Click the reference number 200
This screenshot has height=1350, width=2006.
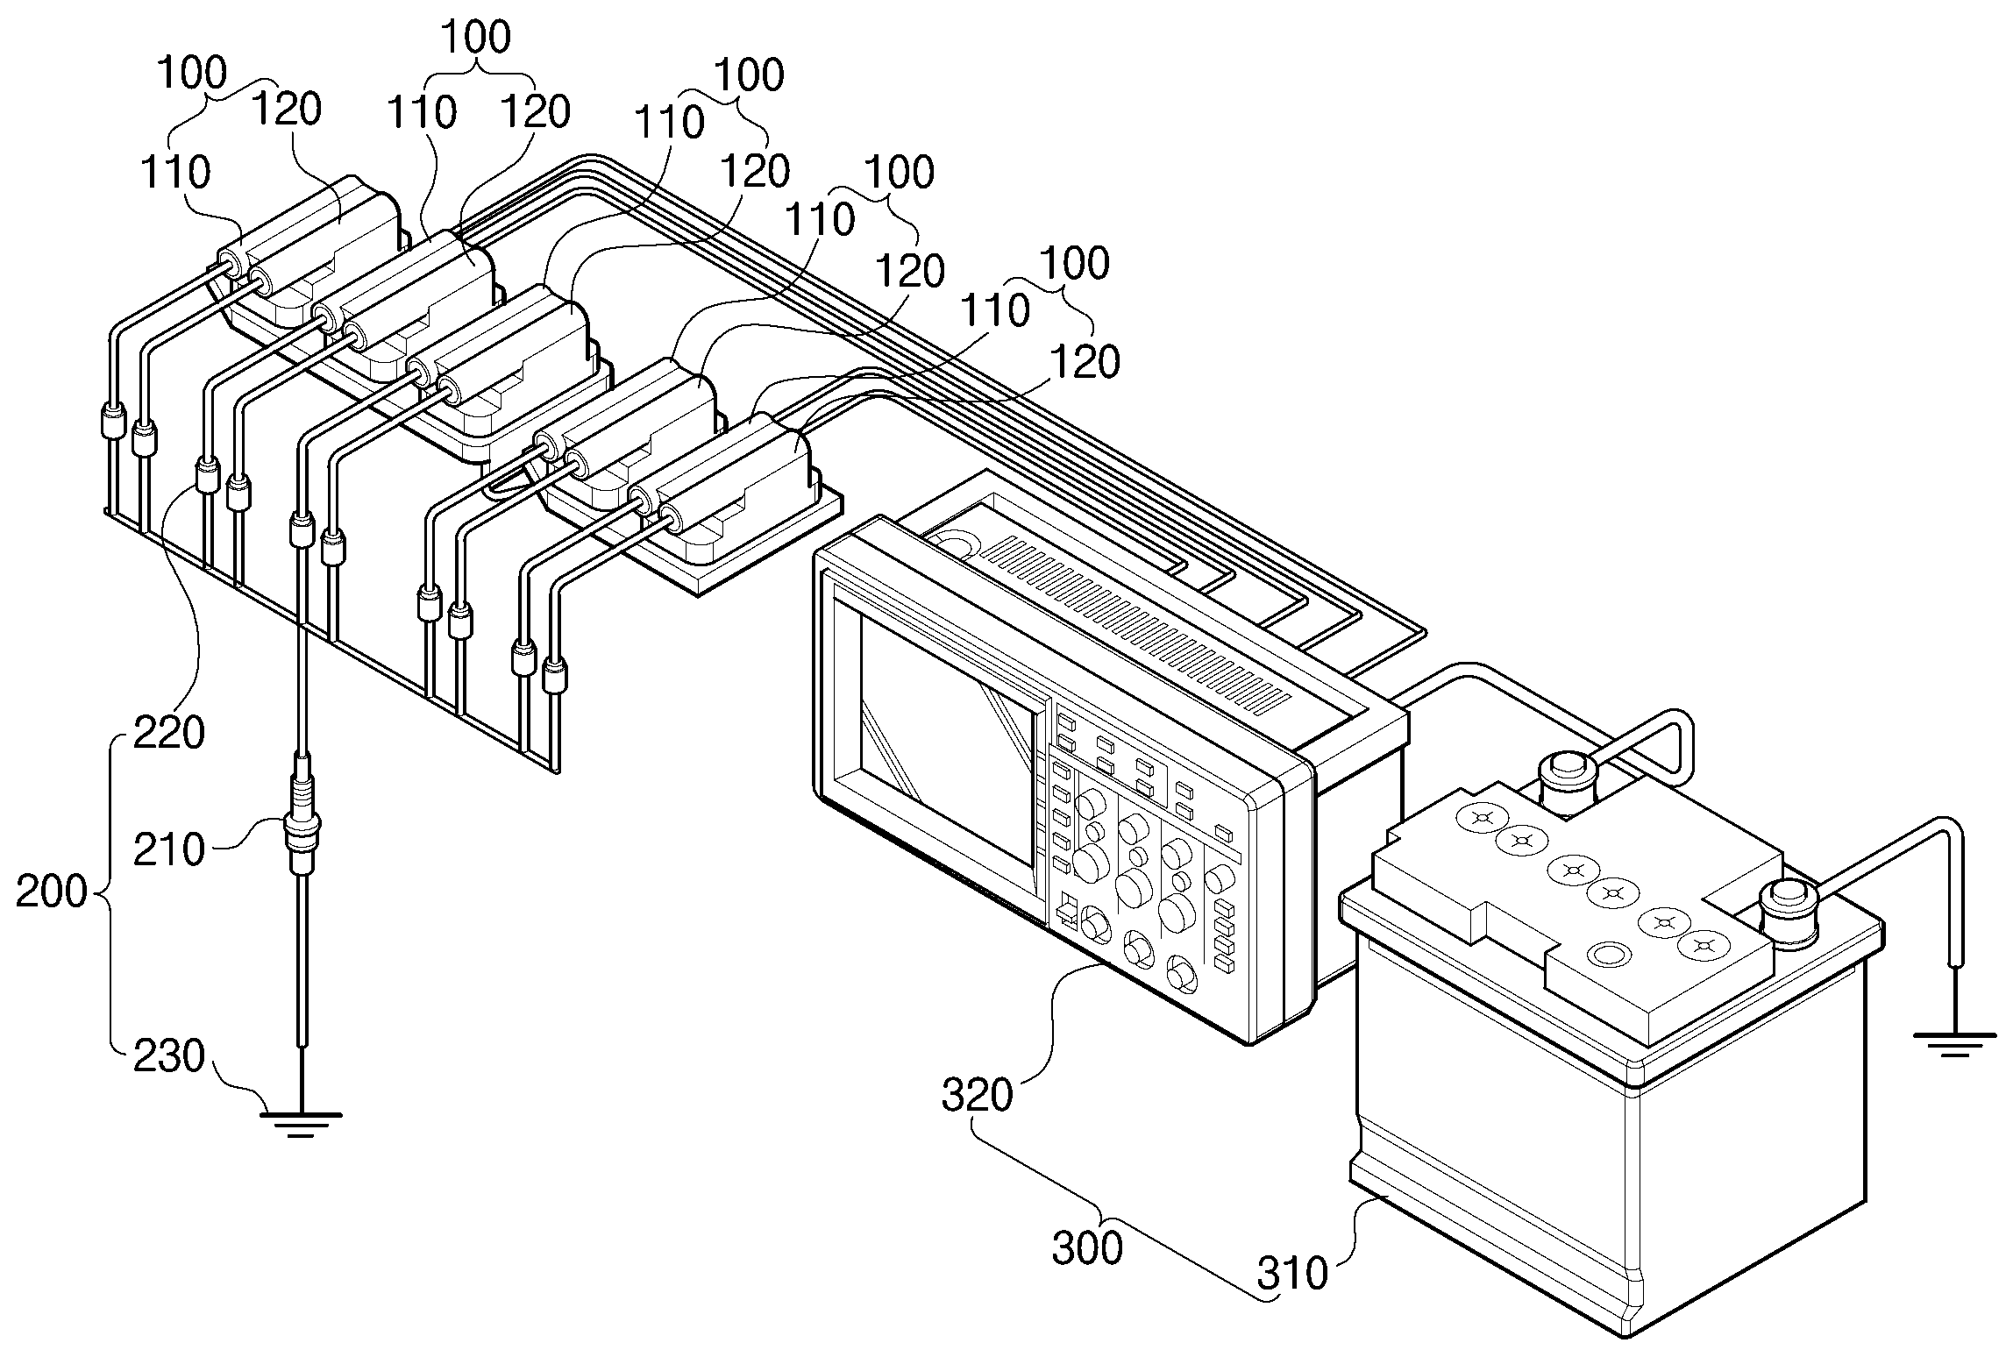(x=53, y=892)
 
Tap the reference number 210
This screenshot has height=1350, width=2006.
(x=168, y=849)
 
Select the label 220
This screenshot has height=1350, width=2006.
(x=168, y=732)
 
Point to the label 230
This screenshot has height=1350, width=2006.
(x=168, y=1056)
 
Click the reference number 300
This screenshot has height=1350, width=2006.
(x=1087, y=1248)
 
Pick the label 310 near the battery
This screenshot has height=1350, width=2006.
(x=1292, y=1275)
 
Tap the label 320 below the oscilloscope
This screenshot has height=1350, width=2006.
(x=977, y=1095)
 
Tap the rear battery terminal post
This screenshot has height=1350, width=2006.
(x=1566, y=773)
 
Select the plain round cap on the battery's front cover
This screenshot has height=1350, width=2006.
(x=1606, y=955)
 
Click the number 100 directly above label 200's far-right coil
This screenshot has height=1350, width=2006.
(x=1077, y=263)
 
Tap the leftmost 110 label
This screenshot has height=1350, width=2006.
(x=175, y=172)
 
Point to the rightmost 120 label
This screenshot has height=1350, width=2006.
(x=1085, y=361)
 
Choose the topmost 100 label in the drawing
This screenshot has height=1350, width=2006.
(x=476, y=38)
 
